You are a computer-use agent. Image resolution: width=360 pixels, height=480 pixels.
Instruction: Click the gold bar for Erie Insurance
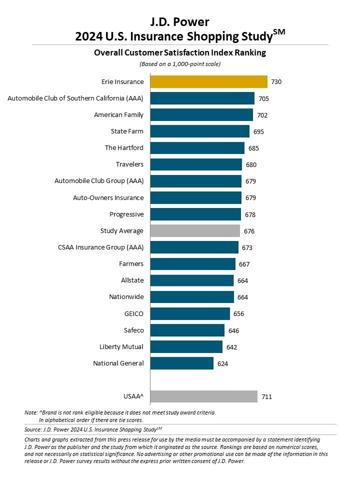[209, 81]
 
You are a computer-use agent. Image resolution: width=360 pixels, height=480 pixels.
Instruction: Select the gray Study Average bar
[195, 230]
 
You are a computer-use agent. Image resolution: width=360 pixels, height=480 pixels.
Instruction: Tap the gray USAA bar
[204, 396]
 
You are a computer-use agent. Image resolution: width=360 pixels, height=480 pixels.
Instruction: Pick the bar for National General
[182, 363]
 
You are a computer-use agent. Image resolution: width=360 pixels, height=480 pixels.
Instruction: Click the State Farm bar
[199, 131]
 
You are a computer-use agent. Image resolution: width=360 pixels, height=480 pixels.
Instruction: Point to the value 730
[276, 81]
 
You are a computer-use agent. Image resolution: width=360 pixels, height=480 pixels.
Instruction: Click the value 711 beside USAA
[266, 396]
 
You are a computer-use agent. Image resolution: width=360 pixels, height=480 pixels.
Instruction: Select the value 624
[222, 363]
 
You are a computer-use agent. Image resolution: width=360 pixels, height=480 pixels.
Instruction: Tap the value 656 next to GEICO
[239, 313]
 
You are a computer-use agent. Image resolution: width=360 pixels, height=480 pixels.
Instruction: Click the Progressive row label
[126, 214]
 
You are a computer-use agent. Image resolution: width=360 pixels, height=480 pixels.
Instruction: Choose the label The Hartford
[124, 148]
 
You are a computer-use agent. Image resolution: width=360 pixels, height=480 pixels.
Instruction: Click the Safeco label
[133, 330]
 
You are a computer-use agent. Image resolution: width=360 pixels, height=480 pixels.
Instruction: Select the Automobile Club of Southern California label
[75, 98]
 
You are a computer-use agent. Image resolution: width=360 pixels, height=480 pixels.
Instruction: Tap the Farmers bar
[193, 263]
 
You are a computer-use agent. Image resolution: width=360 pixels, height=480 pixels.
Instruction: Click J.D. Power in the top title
[180, 21]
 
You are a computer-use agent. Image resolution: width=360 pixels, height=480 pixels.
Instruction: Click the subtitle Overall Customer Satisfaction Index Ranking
[180, 52]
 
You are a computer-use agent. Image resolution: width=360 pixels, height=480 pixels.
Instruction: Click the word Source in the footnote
[32, 429]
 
